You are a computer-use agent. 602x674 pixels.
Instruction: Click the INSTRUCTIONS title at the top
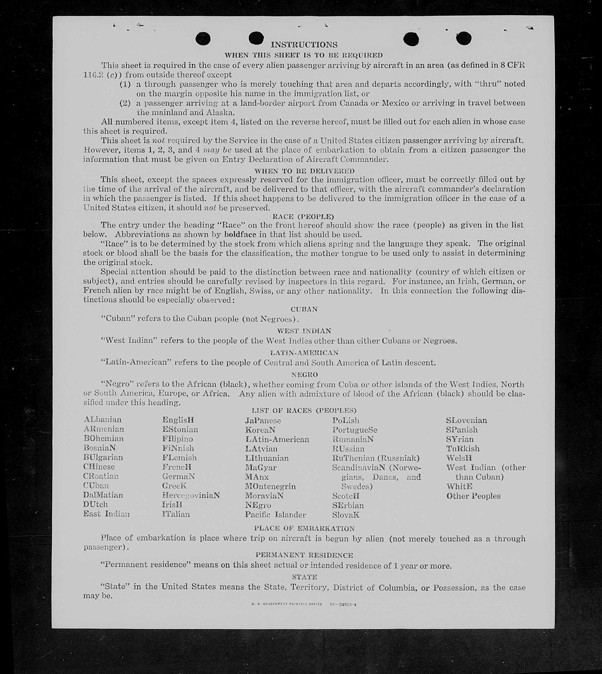point(304,44)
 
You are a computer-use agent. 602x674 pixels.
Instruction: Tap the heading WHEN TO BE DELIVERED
point(304,171)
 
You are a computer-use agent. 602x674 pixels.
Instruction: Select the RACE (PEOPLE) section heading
point(303,216)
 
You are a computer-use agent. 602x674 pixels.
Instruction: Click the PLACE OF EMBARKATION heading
point(304,528)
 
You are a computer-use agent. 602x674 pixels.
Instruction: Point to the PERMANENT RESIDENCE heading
point(304,555)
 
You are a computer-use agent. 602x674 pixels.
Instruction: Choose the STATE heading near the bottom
point(304,577)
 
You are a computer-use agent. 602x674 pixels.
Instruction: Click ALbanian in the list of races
point(103,419)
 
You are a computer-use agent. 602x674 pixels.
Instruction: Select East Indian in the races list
point(106,514)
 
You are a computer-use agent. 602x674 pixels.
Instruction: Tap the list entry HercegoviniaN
point(191,495)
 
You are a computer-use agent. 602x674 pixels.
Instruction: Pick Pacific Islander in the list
point(275,514)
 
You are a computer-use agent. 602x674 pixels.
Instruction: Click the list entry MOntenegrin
point(270,486)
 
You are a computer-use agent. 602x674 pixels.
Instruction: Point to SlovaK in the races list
point(346,515)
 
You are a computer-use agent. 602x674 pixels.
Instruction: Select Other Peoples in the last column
point(473,496)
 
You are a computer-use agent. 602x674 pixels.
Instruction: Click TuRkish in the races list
point(462,449)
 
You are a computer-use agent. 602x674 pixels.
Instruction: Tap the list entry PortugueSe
point(355,430)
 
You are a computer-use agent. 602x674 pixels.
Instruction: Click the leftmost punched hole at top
point(203,39)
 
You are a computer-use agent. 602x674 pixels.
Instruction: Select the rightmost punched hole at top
point(463,38)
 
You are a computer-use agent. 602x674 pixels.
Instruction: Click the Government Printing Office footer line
point(304,604)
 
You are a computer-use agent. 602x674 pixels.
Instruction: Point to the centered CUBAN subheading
point(304,309)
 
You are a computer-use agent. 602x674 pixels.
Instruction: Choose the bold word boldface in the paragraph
point(240,234)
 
